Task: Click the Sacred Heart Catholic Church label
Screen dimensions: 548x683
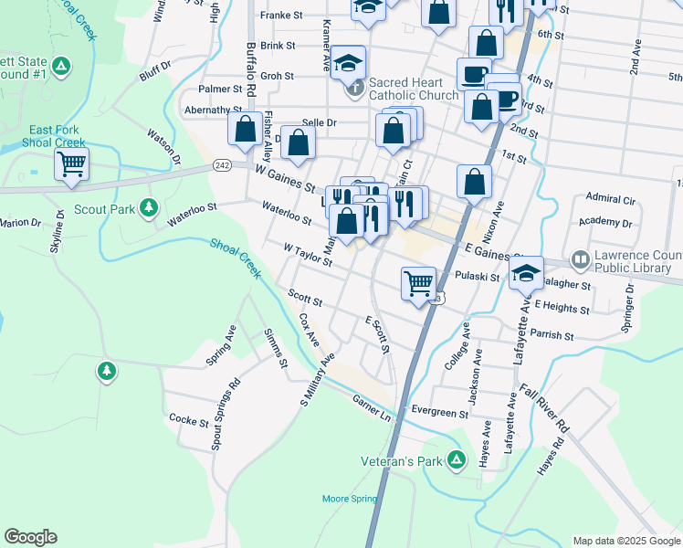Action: (414, 89)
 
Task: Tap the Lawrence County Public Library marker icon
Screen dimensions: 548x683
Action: (580, 260)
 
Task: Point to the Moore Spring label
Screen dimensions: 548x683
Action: (349, 499)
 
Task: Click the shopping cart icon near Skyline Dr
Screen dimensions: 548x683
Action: (70, 165)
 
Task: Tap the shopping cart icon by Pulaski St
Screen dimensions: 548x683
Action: (418, 282)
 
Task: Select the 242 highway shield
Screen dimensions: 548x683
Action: (223, 164)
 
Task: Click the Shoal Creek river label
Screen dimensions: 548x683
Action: (236, 258)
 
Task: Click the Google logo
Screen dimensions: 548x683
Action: (30, 537)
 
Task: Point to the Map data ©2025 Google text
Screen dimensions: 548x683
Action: (625, 541)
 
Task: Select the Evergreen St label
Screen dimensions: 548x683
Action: (439, 413)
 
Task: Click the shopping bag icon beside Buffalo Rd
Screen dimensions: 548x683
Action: (245, 129)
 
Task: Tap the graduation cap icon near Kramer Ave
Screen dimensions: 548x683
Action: (348, 61)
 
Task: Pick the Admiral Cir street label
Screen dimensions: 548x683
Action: (611, 198)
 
